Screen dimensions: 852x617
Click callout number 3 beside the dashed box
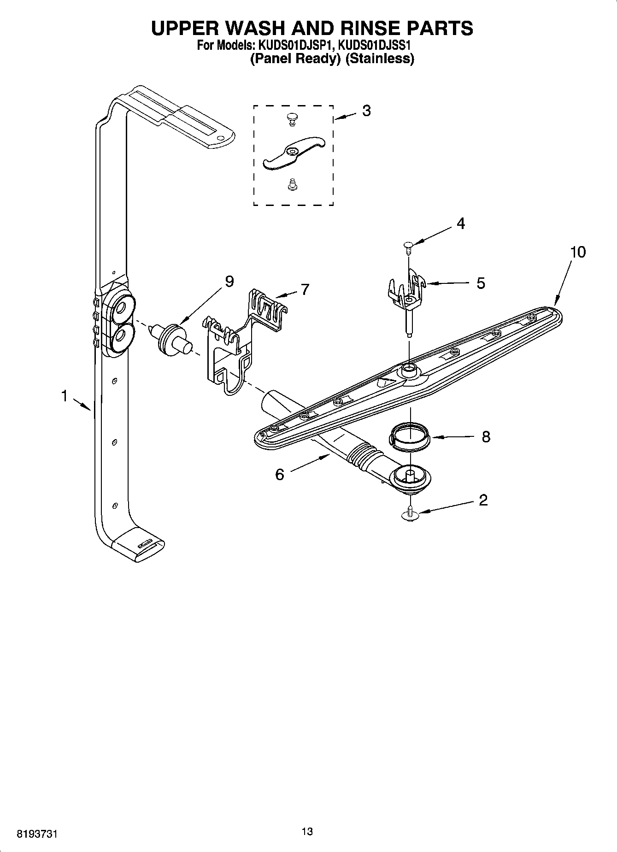click(366, 111)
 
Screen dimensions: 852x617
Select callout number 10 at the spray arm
click(577, 252)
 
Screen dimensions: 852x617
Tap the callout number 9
click(229, 281)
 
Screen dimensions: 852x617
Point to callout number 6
click(280, 474)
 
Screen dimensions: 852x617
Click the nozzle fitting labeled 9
click(172, 339)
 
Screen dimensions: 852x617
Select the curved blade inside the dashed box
click(294, 153)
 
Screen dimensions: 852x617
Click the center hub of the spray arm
click(409, 368)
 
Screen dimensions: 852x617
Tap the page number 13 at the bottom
click(307, 831)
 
